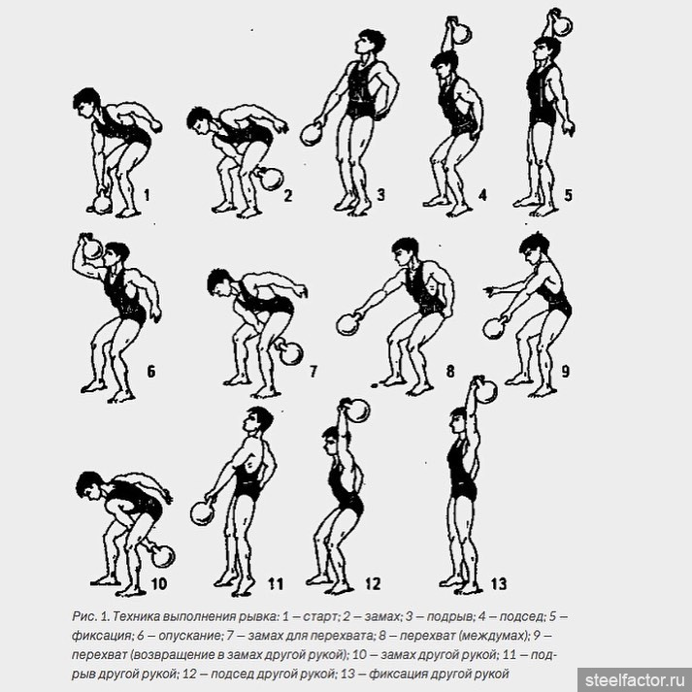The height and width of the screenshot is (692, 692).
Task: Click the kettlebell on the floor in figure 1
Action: pos(102,203)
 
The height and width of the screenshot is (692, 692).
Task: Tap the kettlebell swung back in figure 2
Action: pos(270,179)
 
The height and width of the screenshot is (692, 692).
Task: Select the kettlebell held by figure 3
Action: pos(312,134)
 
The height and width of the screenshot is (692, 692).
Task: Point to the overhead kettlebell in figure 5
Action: pos(560,23)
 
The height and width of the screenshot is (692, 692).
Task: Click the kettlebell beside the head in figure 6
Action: pos(92,247)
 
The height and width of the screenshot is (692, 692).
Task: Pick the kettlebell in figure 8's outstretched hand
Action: pos(348,324)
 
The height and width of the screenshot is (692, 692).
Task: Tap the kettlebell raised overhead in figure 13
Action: pos(485,390)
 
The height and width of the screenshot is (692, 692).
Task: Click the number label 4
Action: pos(482,195)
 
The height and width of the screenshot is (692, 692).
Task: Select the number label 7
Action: pos(313,372)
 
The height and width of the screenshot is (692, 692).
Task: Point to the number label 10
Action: pos(159,584)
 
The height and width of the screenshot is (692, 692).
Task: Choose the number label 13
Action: pos(499,584)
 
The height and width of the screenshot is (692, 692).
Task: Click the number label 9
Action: pos(565,372)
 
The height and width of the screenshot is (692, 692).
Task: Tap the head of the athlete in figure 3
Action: pos(370,42)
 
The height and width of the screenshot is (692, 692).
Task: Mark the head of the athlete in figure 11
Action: pos(258,419)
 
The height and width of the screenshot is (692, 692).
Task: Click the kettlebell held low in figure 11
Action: pos(202,513)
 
